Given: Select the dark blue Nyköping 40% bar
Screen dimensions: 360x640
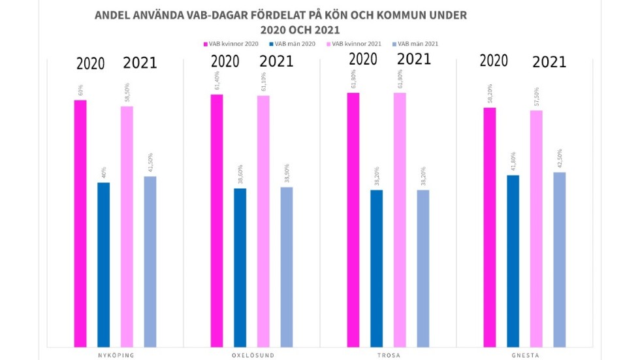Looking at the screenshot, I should pos(104,265).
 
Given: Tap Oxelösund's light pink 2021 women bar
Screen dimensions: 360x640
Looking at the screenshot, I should pos(263,221).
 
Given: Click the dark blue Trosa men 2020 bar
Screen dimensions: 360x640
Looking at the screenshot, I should pos(377,269).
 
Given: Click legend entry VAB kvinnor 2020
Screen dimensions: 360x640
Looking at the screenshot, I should pos(232,44).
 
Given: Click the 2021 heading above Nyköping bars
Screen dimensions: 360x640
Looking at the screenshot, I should pos(140,63).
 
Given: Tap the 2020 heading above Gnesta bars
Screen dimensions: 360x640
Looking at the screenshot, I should pos(494,61).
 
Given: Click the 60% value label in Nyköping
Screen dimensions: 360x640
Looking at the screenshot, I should pos(81,90).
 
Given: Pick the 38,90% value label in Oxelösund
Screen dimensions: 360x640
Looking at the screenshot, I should pos(287,174).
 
